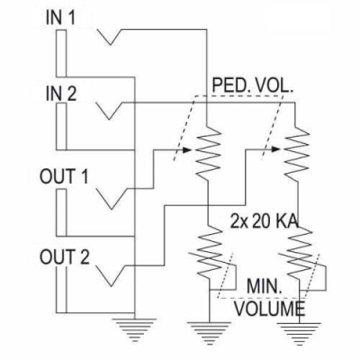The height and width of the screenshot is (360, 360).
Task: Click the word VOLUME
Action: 266,308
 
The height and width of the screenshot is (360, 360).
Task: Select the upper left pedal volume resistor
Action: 207,151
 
